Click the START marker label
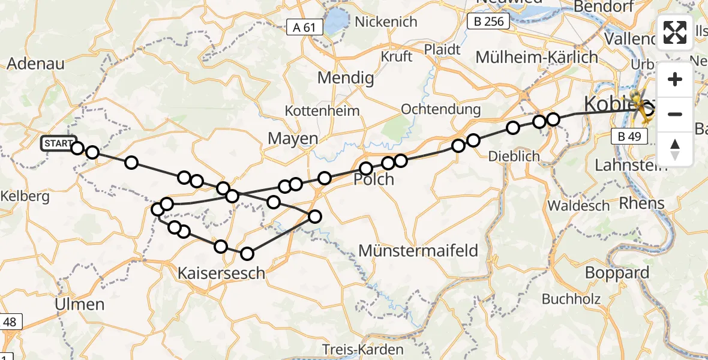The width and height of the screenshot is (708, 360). [x=58, y=144]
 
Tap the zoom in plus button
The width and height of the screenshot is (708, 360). [x=675, y=79]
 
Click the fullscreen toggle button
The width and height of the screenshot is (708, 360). [x=675, y=32]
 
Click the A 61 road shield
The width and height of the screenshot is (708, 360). [x=304, y=27]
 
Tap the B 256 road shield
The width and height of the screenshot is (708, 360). [x=488, y=22]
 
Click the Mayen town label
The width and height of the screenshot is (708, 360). [x=293, y=139]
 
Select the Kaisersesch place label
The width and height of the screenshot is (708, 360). [x=221, y=274]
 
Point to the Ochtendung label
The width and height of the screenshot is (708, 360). [x=441, y=109]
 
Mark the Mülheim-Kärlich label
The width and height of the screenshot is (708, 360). [x=536, y=58]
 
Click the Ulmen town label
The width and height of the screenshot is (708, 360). [x=79, y=304]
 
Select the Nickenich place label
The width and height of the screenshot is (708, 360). [x=386, y=22]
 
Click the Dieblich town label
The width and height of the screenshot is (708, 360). [x=514, y=156]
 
